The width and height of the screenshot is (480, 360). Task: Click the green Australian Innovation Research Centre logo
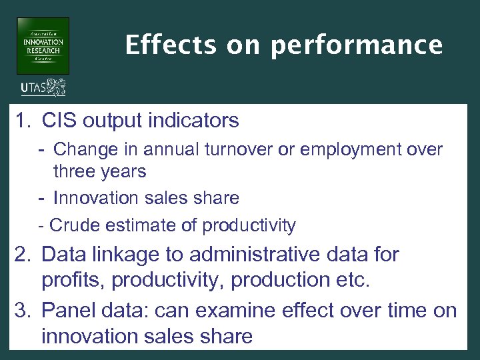coord(43,45)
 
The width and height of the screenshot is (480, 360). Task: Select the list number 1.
coord(23,121)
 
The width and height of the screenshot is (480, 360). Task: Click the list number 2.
coord(23,254)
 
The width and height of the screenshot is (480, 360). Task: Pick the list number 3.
coord(23,311)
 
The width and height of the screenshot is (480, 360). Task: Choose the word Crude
coord(73,226)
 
